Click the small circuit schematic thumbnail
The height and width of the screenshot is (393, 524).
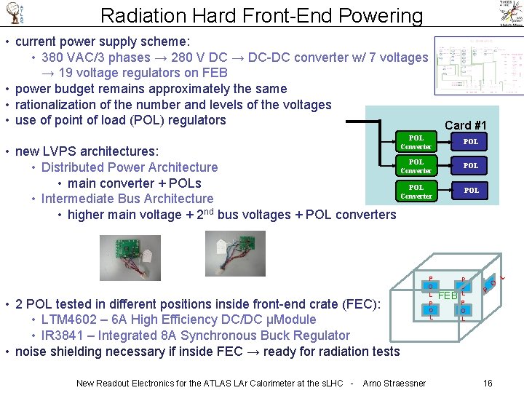coord(477,66)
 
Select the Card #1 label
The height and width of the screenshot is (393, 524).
coord(466,124)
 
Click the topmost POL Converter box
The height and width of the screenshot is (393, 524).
coord(416,142)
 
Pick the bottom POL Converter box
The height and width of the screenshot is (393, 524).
coord(416,191)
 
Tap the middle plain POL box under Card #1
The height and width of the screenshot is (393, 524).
coord(471,166)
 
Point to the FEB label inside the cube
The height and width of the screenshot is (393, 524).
coord(447,296)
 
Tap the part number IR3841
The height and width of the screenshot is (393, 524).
coord(65,336)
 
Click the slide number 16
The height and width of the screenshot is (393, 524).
coord(488,383)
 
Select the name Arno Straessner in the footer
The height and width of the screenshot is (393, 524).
coord(394,383)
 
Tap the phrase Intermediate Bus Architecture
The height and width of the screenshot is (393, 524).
coord(127,199)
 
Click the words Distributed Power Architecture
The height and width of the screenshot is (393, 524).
coord(130,167)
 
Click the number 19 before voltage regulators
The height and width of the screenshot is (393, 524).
coord(66,73)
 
